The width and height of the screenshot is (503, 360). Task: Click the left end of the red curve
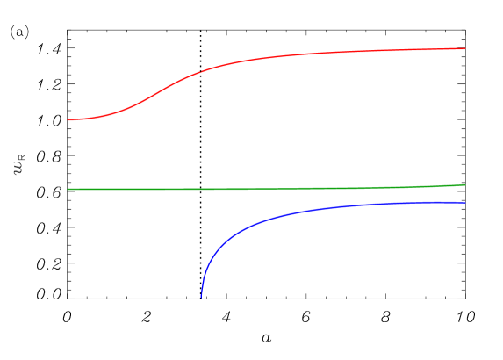68,119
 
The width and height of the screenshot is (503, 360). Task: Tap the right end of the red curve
464,49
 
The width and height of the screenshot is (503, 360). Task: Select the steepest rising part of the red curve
162,89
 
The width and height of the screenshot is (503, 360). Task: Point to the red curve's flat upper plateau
377,52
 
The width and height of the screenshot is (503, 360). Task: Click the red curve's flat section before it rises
83,119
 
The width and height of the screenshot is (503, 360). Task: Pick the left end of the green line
68,190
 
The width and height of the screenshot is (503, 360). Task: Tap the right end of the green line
464,184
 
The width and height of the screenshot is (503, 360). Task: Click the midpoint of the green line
266,189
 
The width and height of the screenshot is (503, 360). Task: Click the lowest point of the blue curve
201,297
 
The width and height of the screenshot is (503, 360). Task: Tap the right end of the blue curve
464,203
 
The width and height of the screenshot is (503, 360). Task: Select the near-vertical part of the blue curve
203,279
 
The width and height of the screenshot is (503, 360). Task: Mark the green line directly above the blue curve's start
201,190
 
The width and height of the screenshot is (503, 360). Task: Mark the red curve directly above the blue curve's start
201,71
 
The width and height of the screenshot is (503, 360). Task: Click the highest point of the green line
464,184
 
